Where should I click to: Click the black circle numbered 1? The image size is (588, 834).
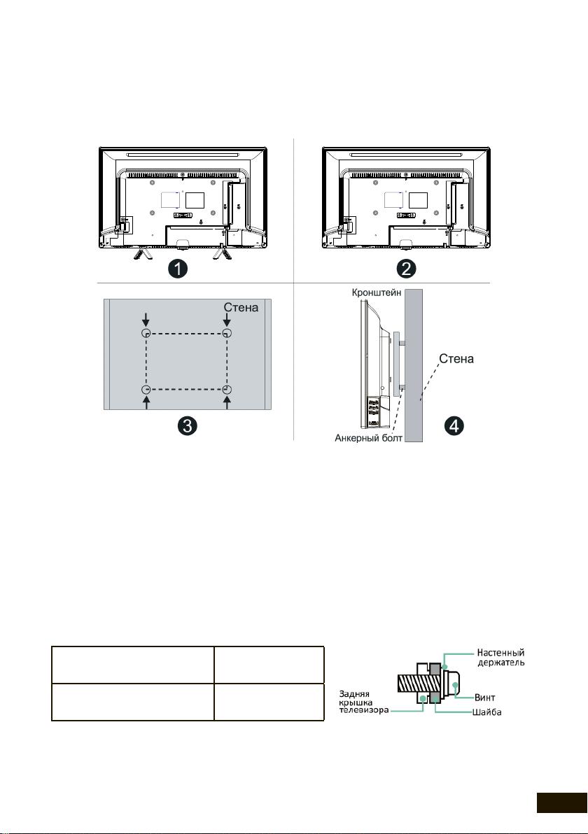click(x=178, y=268)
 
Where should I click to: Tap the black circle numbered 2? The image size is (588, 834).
click(x=407, y=268)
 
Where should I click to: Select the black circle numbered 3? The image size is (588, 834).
click(x=187, y=425)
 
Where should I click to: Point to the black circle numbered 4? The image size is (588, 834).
click(x=454, y=425)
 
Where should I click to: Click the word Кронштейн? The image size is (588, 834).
click(x=376, y=292)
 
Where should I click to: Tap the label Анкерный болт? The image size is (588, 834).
click(x=368, y=438)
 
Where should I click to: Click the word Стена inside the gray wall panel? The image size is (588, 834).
click(x=241, y=307)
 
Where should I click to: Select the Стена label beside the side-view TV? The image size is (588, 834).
click(x=456, y=358)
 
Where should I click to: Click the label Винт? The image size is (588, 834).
click(x=485, y=698)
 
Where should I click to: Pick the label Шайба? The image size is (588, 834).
click(x=487, y=712)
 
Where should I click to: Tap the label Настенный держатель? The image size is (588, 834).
click(x=500, y=658)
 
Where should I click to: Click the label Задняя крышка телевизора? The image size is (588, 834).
click(x=364, y=702)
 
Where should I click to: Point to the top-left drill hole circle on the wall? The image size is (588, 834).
click(x=146, y=334)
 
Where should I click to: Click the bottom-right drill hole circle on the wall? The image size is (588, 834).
click(x=227, y=390)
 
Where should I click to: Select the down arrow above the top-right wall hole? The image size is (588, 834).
click(x=227, y=319)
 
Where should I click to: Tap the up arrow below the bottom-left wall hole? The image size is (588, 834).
click(x=146, y=403)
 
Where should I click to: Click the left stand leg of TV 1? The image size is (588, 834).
click(x=141, y=254)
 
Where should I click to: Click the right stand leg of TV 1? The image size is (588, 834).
click(x=220, y=253)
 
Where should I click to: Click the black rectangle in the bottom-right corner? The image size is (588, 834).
click(x=561, y=803)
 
